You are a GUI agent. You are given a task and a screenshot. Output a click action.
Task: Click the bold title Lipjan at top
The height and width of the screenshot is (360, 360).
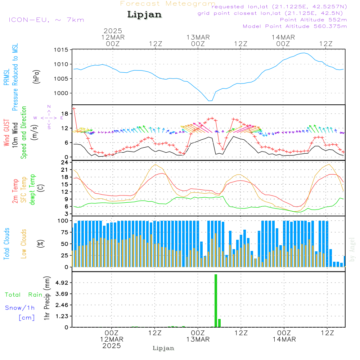point(144,15)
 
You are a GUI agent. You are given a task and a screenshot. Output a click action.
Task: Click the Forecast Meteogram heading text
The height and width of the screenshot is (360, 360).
point(168,4)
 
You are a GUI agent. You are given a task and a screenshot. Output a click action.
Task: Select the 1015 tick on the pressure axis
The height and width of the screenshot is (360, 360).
point(61,50)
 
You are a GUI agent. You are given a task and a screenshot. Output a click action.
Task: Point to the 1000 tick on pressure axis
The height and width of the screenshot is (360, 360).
point(61,93)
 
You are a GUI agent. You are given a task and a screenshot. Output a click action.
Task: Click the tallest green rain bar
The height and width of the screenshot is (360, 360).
point(216,301)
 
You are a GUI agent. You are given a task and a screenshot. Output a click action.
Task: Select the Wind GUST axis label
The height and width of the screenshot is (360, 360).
point(6,133)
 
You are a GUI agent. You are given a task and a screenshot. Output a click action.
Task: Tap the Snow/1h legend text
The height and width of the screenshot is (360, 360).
point(20,308)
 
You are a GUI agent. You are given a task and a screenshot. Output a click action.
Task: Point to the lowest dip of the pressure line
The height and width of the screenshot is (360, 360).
point(210,101)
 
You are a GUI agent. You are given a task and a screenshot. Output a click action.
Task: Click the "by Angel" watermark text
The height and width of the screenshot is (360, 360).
point(352,249)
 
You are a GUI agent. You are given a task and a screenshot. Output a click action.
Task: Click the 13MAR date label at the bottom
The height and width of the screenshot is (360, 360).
point(198,339)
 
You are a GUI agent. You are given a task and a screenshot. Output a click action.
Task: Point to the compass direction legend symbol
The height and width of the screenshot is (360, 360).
point(49,117)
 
